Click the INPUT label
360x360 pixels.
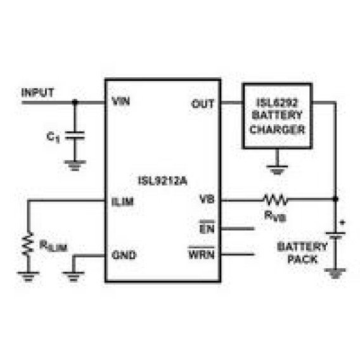coord(37,93)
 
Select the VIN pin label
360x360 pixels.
coord(121,101)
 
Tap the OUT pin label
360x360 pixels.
coord(203,104)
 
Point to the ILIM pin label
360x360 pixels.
coord(122,202)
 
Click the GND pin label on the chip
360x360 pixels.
coord(124,255)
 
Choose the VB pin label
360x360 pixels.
coord(207,199)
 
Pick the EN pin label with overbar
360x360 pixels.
coord(207,227)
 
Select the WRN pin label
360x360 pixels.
coord(202,253)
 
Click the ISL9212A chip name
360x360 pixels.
coord(163,181)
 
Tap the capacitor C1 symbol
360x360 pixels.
coord(75,136)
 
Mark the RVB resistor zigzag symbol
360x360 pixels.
coord(275,200)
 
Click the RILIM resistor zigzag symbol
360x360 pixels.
coord(28,243)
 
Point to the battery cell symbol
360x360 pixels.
coord(335,236)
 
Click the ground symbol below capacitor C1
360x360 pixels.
coord(75,165)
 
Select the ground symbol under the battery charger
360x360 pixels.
coord(277,170)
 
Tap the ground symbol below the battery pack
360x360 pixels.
coord(335,273)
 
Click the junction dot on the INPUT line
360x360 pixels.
coord(75,101)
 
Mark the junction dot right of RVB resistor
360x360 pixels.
coord(335,199)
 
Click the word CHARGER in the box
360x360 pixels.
coord(278,129)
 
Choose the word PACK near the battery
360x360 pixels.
coord(302,259)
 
